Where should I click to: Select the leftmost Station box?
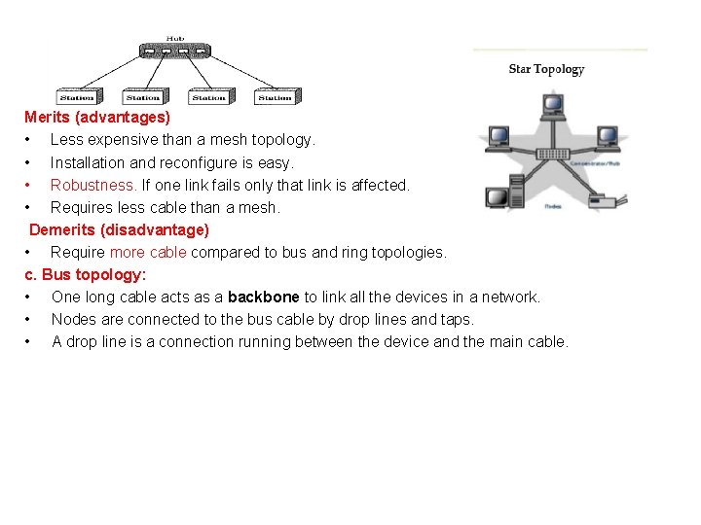[x=77, y=97]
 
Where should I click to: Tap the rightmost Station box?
[x=275, y=97]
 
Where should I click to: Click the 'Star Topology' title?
[x=546, y=69]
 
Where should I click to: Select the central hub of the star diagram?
[x=553, y=154]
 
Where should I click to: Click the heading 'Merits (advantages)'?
[x=97, y=118]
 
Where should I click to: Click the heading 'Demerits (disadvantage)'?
[x=119, y=230]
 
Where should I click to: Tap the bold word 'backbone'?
[x=263, y=297]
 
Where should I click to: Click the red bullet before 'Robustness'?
[x=30, y=185]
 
